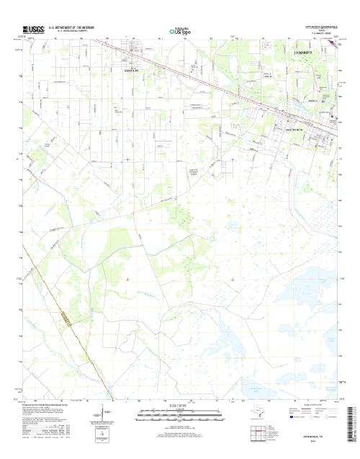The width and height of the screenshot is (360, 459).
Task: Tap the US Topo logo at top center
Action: click(179, 31)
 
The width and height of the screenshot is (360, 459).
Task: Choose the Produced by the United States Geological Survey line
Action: click(51, 405)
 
